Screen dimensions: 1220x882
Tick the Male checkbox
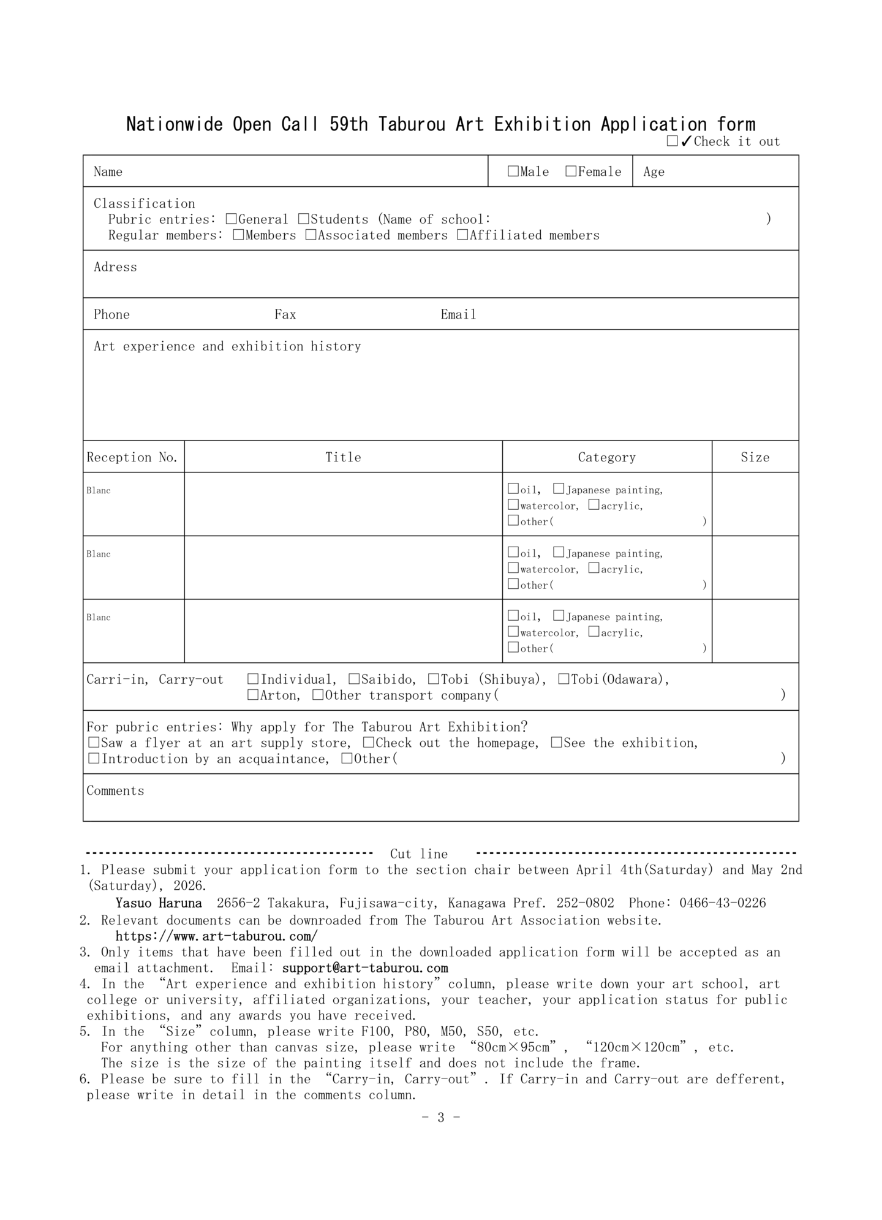coord(513,172)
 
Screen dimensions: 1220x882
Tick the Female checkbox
coord(571,172)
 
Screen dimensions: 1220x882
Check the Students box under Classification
coord(304,219)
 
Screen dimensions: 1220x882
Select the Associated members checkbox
coord(311,235)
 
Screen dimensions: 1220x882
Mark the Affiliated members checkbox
coord(462,235)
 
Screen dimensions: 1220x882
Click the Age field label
coord(654,172)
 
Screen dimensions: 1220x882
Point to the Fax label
coord(285,314)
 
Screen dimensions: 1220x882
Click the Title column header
coord(343,457)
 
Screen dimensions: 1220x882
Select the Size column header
coord(755,457)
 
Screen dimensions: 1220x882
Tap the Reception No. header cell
coord(132,457)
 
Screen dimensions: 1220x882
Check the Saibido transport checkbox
coord(354,679)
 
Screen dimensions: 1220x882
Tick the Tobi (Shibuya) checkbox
coord(434,679)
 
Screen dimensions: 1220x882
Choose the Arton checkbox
coord(253,695)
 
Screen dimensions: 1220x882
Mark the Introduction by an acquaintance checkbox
coord(94,759)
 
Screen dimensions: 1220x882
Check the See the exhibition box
coord(556,743)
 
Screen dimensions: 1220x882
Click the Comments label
coord(115,790)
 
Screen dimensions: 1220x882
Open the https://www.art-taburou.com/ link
coord(216,936)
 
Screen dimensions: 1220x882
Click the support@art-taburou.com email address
coord(365,968)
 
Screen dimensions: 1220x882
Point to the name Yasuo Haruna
coord(159,903)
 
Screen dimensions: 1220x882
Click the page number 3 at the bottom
coord(440,1117)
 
